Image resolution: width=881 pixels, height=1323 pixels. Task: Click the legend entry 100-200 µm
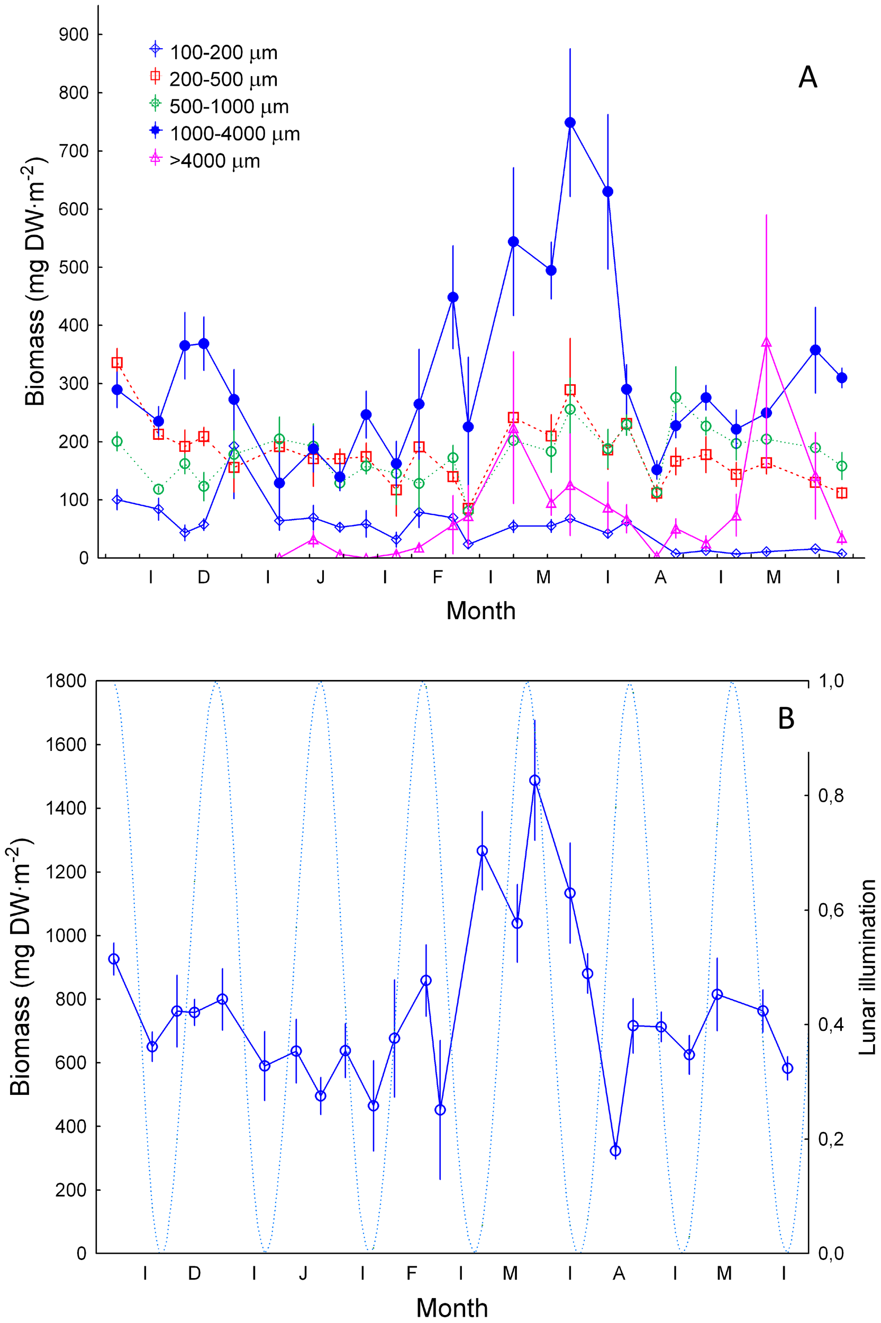pos(223,53)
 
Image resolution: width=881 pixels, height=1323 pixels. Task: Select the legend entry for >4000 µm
pos(215,161)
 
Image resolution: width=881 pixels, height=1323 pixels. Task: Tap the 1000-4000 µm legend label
pos(234,134)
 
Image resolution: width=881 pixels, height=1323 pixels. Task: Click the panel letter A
pos(807,77)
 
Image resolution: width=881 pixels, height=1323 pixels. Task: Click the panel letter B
pos(786,718)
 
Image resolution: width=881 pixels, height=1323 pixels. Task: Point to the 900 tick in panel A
pos(74,35)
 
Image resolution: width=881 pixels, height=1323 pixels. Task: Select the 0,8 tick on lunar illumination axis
pos(830,795)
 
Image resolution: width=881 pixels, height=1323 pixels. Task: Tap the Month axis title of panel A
pos(480,611)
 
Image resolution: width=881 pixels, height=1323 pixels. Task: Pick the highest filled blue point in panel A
pos(570,123)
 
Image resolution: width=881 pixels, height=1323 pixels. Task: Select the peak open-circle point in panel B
pos(534,781)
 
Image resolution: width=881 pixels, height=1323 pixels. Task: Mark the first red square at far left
pos(117,363)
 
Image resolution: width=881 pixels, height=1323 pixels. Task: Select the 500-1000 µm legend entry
pos(229,107)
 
